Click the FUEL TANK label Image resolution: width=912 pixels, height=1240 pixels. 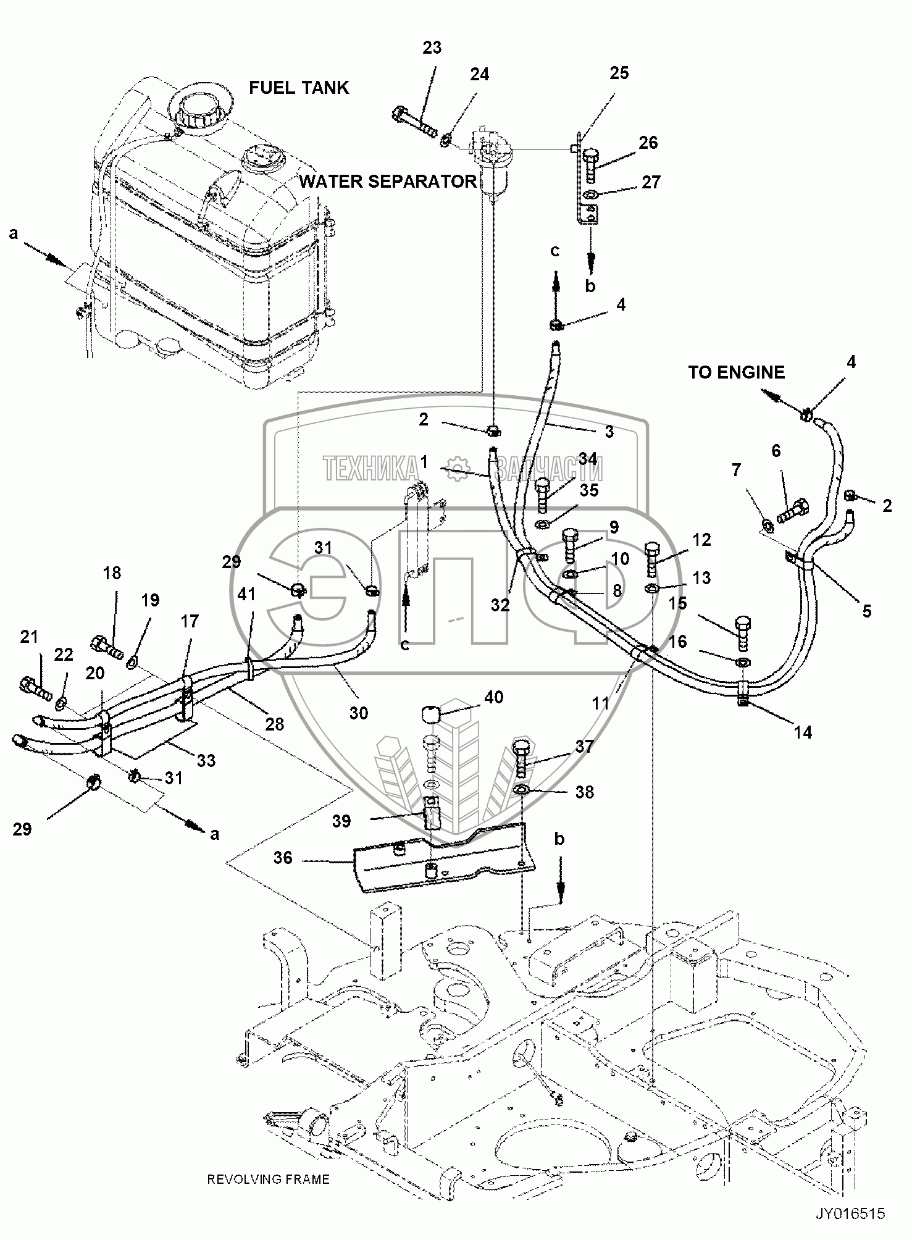299,88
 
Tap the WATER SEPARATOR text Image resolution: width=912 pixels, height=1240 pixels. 387,181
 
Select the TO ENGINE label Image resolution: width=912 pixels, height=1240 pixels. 736,372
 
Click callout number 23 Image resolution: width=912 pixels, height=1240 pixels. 432,48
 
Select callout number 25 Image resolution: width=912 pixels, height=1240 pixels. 619,73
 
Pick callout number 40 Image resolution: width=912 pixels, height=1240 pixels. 494,697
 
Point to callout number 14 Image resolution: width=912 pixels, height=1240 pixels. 803,732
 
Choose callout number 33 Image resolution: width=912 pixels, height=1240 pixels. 206,760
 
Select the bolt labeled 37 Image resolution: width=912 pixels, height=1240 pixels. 521,758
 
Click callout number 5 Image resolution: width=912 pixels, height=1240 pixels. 866,611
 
